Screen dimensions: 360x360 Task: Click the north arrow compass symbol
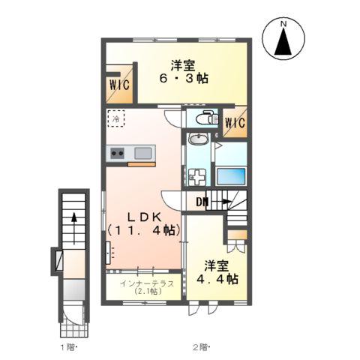(284, 40)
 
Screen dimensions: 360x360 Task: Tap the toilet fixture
(207, 117)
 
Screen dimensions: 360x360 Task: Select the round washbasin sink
(199, 139)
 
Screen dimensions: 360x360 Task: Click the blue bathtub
(231, 176)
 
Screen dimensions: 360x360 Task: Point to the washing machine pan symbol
(197, 177)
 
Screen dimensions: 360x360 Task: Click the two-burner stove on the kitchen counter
(117, 153)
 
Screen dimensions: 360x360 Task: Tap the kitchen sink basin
(143, 153)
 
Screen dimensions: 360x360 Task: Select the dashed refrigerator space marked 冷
(116, 118)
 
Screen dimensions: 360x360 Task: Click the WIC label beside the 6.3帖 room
(119, 85)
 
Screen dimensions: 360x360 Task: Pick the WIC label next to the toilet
(235, 122)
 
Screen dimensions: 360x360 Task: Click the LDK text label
(144, 217)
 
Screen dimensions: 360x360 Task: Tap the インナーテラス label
(147, 283)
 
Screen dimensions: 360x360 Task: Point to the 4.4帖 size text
(217, 279)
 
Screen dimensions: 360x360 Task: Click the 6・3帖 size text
(184, 79)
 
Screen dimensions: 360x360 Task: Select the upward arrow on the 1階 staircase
(74, 228)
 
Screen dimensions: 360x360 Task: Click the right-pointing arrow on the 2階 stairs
(220, 201)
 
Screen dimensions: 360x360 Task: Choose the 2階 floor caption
(201, 347)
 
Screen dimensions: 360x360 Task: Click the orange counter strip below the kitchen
(142, 164)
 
